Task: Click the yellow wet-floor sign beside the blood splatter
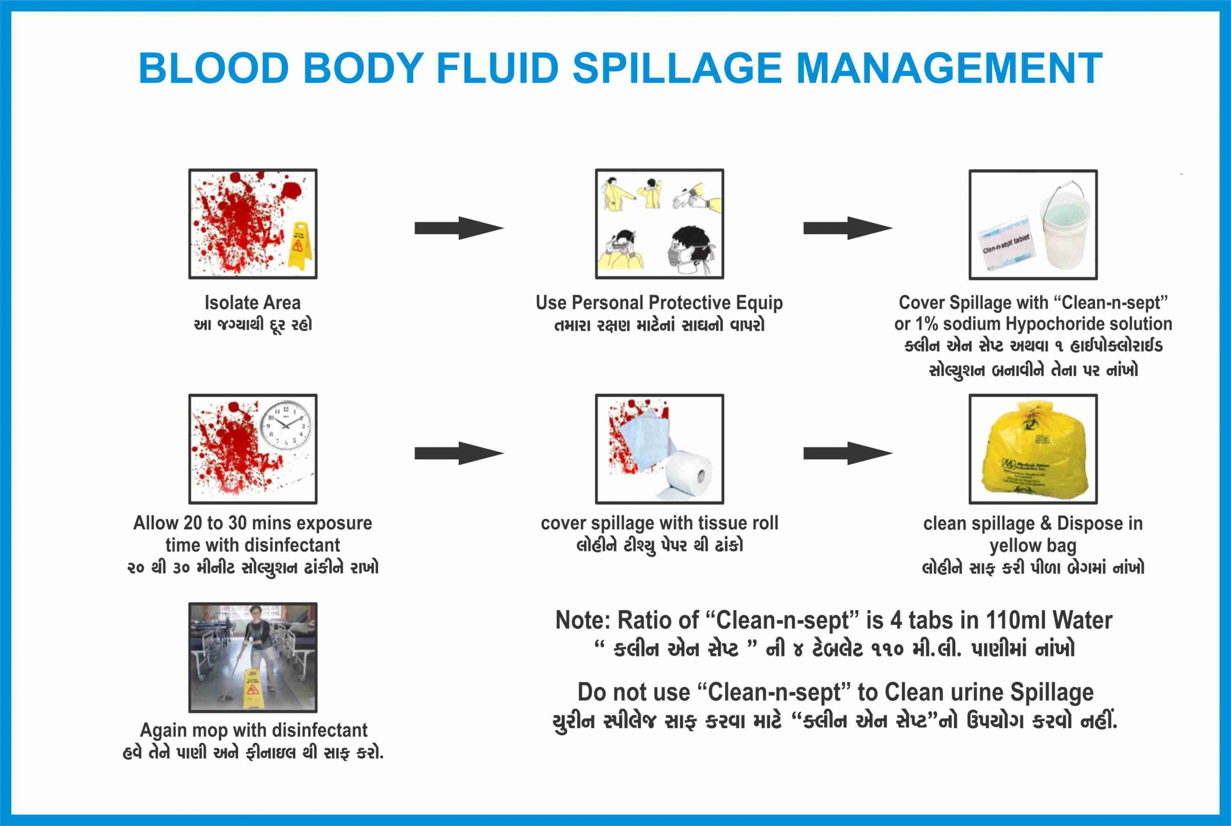click(299, 246)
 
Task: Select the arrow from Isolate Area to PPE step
click(458, 228)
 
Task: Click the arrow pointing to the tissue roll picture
click(458, 453)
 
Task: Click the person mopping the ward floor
click(260, 648)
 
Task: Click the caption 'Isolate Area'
click(252, 303)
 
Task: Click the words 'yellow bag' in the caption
click(1032, 546)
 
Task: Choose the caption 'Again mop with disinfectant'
click(253, 730)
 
